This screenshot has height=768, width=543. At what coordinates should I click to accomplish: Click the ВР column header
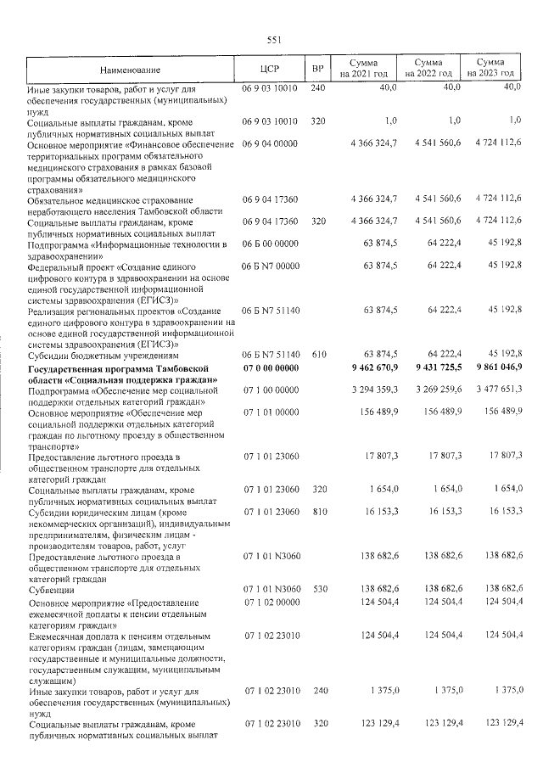point(317,69)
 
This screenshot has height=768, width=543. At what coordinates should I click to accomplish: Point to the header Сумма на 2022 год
point(428,69)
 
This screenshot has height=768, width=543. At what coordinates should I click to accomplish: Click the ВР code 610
point(317,354)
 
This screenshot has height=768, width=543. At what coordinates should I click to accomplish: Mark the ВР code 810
point(317,512)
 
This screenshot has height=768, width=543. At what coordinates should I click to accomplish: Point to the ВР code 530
point(317,588)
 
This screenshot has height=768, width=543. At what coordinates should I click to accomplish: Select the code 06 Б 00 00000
point(271,244)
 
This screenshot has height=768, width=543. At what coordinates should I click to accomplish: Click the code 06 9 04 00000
point(271,143)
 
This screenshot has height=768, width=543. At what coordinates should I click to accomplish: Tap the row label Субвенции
point(51,588)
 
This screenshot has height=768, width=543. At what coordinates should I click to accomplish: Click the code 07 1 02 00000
point(271,603)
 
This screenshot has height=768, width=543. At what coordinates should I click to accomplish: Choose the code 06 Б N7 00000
point(271,266)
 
